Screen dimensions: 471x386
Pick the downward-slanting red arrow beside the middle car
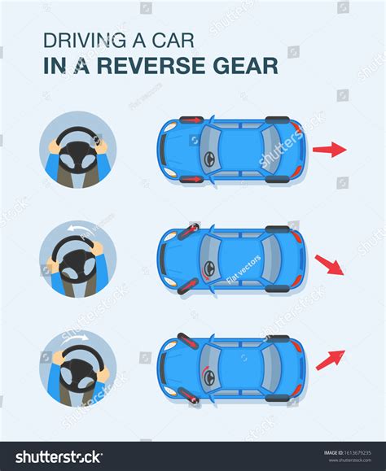click(x=329, y=264)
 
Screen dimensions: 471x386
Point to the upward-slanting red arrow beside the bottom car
click(x=330, y=359)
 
